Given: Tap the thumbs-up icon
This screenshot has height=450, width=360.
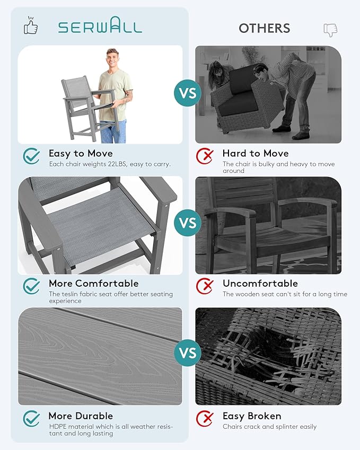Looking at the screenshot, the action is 31,25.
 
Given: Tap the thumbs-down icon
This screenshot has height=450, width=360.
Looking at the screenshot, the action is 330,30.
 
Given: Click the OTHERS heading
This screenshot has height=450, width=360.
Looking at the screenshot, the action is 265,29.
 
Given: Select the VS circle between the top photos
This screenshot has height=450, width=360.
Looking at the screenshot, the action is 188,93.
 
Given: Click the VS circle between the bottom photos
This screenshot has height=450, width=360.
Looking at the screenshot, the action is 188,352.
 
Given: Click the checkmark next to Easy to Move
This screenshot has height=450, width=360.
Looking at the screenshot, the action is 31,156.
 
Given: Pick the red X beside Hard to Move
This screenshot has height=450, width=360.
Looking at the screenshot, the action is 205,156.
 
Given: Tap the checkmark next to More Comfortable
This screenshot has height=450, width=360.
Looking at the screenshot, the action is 31,286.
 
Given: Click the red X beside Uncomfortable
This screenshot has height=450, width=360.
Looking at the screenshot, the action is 205,286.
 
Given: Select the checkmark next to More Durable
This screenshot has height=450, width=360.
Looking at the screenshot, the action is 31,418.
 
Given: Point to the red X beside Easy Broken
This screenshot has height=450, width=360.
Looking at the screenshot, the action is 205,418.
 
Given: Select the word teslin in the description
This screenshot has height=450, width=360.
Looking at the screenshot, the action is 69,294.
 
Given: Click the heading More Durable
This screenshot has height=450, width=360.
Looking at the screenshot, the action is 81,416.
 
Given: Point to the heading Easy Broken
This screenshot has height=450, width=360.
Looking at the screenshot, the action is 252,416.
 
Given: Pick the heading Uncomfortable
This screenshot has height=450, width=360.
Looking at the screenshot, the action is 260,284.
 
